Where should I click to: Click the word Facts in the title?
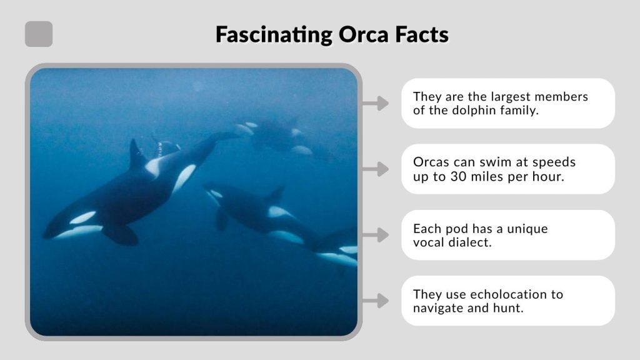422,34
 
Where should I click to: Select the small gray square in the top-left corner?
39,34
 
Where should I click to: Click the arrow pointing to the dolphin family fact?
376,103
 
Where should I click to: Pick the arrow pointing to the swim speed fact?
376,169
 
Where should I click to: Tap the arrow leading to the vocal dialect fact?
376,235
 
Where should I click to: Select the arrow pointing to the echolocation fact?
376,301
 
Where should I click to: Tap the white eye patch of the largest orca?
82,217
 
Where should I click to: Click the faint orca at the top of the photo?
275,134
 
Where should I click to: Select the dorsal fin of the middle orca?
275,195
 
